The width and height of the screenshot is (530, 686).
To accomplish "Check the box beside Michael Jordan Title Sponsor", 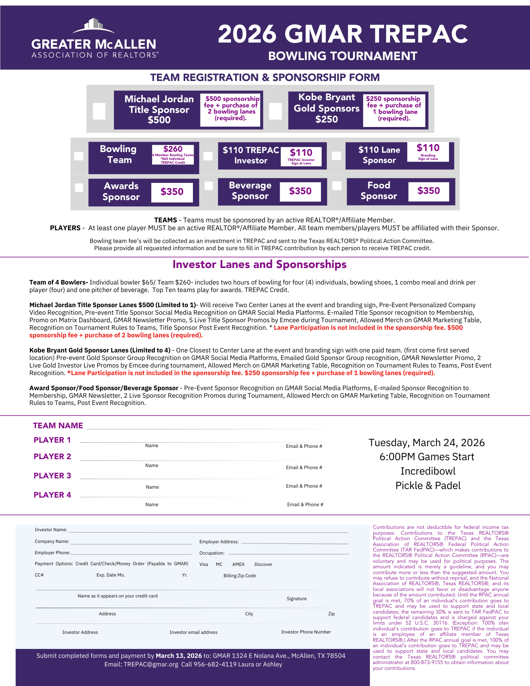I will click(x=99, y=111).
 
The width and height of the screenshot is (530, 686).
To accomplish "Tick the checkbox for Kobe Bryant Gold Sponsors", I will click(x=275, y=111).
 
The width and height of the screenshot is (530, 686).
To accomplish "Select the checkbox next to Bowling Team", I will click(x=79, y=156).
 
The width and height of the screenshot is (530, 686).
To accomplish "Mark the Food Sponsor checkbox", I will click(x=337, y=186).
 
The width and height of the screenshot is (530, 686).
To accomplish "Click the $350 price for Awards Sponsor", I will click(x=172, y=191).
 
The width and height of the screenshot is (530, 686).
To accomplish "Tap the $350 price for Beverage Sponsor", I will click(x=300, y=191).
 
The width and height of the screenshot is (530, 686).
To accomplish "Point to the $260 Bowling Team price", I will click(x=173, y=149).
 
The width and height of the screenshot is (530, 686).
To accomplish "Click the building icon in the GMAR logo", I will click(x=94, y=24).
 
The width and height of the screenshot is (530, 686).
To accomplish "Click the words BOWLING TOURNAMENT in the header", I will click(x=343, y=56).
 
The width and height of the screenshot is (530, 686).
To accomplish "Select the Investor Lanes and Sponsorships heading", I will click(x=260, y=265).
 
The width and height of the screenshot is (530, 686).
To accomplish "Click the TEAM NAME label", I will click(x=58, y=426).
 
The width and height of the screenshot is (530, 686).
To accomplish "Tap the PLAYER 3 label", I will click(x=52, y=476).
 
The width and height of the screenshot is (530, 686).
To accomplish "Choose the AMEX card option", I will click(x=238, y=564).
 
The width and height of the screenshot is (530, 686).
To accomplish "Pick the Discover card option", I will click(x=263, y=564).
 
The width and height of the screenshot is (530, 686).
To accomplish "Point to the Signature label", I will click(x=297, y=598).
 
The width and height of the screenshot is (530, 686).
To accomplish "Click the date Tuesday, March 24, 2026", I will click(x=427, y=443).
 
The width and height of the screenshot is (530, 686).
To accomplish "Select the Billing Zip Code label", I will click(x=240, y=575).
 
